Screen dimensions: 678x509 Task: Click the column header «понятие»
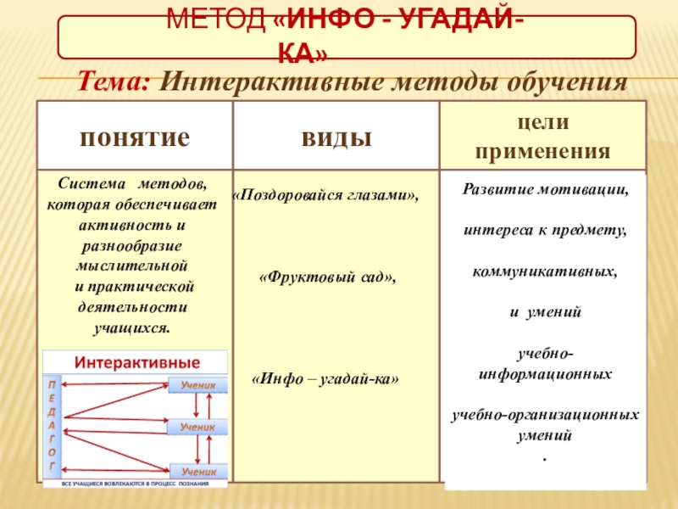click(x=135, y=137)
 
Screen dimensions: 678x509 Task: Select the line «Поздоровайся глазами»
click(x=325, y=196)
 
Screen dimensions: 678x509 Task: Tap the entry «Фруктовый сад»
click(x=327, y=277)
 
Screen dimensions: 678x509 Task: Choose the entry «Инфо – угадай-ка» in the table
click(x=326, y=378)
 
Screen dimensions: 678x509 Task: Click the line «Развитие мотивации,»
click(x=545, y=190)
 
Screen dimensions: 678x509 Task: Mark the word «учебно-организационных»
click(x=545, y=417)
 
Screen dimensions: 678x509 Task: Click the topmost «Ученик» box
click(x=198, y=384)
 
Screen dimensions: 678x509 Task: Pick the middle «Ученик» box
click(x=198, y=428)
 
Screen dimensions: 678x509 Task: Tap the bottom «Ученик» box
click(x=198, y=470)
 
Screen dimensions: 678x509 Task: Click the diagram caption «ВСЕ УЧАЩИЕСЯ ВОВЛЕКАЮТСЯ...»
click(x=135, y=484)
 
